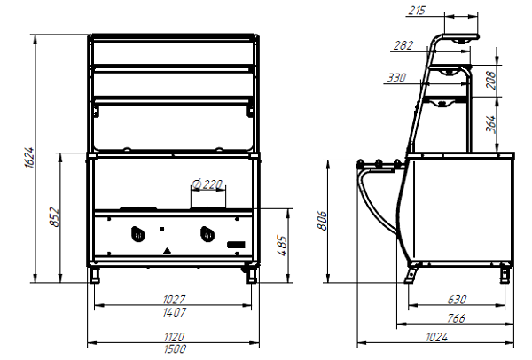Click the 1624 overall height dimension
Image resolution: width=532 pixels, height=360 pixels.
[x=29, y=157]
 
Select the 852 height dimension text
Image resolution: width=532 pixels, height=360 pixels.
[x=54, y=217]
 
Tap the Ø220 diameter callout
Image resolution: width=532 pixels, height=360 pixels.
[x=207, y=184]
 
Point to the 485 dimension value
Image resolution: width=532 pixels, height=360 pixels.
[x=282, y=245]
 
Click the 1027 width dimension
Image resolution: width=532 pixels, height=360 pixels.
[x=174, y=300]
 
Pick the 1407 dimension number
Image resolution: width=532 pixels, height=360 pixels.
[x=175, y=312]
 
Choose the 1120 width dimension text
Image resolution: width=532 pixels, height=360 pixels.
[x=174, y=337]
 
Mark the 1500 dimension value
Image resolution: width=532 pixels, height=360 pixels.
[x=175, y=348]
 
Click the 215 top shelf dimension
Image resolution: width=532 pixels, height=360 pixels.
[x=417, y=11]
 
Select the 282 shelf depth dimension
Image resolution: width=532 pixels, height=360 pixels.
[x=403, y=45]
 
